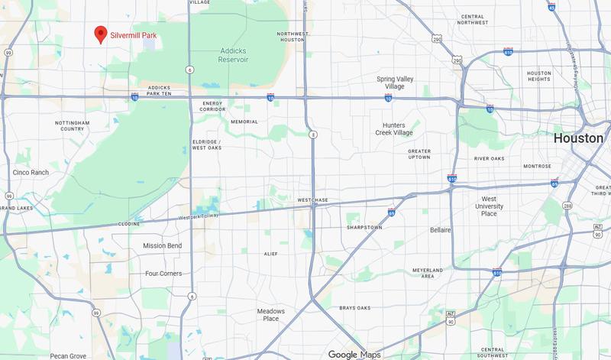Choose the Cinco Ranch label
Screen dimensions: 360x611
(x=31, y=173)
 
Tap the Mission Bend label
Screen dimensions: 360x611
(x=163, y=245)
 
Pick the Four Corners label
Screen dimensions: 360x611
(x=165, y=273)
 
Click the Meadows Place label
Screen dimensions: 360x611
(x=270, y=315)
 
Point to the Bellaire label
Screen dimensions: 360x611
(x=441, y=229)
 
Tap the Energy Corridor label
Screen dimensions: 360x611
(x=212, y=107)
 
